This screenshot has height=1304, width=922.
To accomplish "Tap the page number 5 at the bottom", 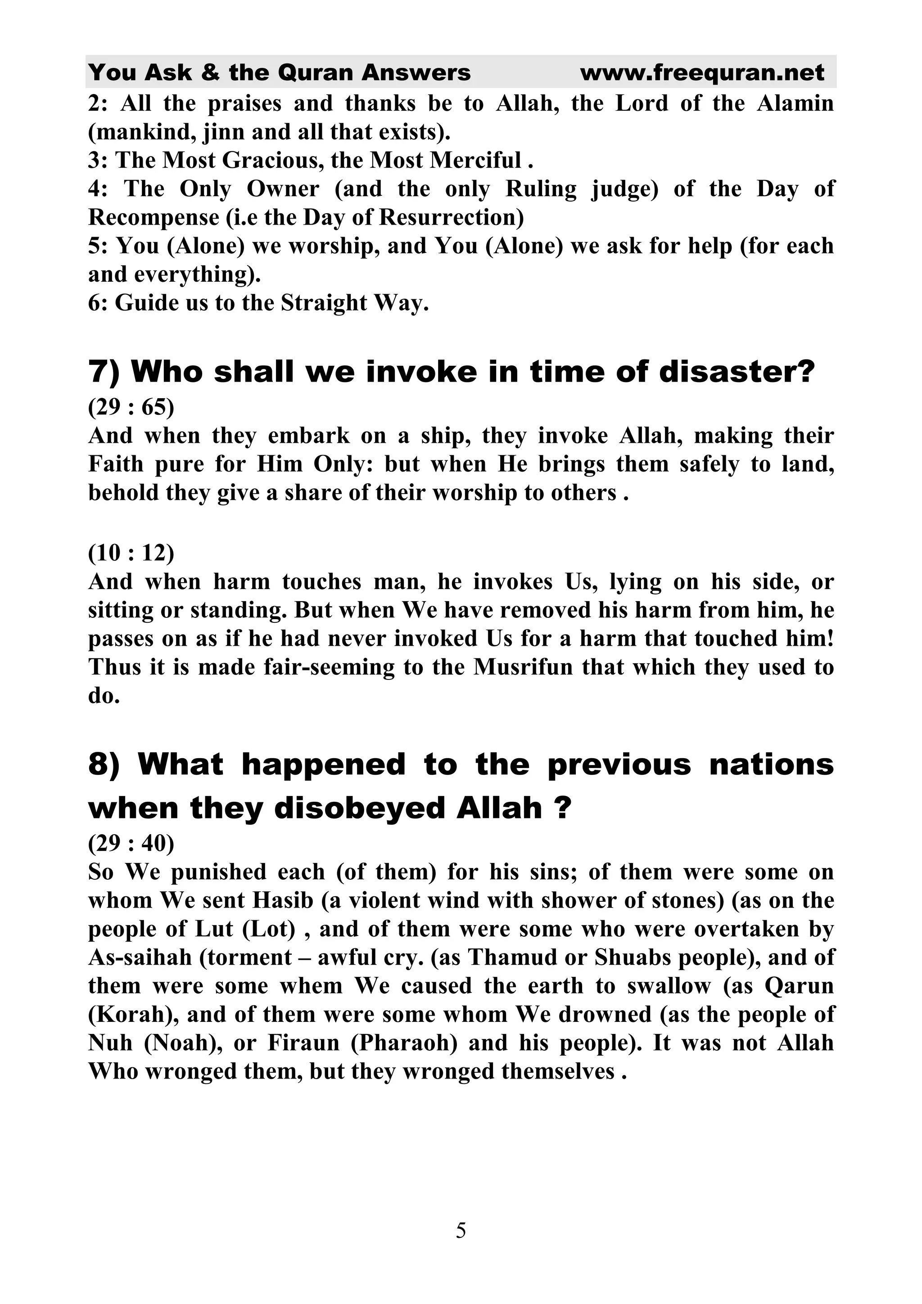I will coord(461,1231).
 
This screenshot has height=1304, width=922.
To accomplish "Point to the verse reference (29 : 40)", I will coord(131,843).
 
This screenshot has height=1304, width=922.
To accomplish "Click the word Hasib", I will coord(276,901).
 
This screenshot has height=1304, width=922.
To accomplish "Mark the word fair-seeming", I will coord(329,667).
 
